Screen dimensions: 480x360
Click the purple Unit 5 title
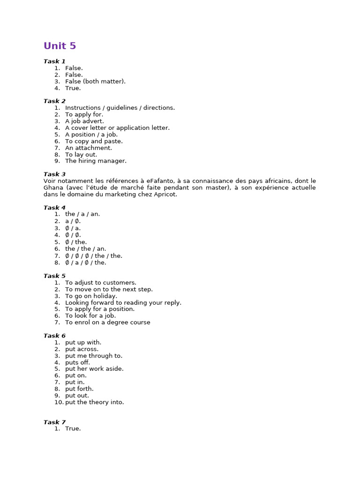coord(60,46)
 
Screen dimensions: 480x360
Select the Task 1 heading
coord(54,61)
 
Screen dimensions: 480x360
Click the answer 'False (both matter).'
coord(95,82)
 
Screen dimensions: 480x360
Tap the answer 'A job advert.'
coord(84,121)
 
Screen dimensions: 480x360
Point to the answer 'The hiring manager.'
coord(96,161)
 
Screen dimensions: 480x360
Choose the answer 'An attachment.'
coord(88,148)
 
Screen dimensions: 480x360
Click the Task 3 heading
coord(54,174)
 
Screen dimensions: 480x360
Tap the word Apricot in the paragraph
coord(165,194)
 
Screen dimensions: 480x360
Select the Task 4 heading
coord(54,208)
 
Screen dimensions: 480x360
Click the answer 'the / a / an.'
coord(82,214)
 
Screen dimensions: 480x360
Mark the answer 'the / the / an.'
coord(85,249)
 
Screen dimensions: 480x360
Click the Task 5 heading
coord(54,276)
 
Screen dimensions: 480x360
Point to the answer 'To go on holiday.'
coord(91,296)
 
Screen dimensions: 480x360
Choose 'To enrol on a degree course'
coord(107,322)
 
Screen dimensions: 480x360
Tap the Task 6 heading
coord(54,336)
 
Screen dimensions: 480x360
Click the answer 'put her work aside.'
coord(94,369)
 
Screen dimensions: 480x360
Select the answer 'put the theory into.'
coord(94,402)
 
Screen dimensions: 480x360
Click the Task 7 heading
coord(54,422)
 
